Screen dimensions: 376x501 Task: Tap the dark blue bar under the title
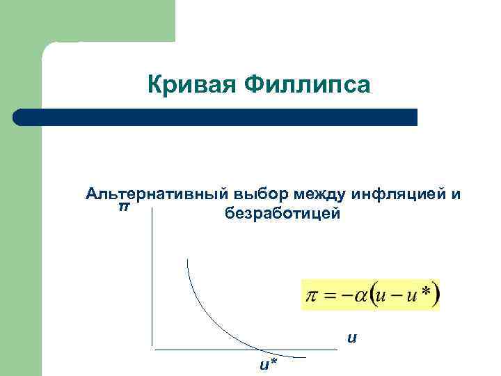click(216, 117)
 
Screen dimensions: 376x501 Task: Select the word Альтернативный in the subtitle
click(157, 194)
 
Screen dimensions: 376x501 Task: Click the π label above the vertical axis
click(124, 207)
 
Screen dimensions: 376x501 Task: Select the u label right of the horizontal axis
click(352, 338)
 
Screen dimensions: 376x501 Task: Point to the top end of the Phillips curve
click(187, 259)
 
